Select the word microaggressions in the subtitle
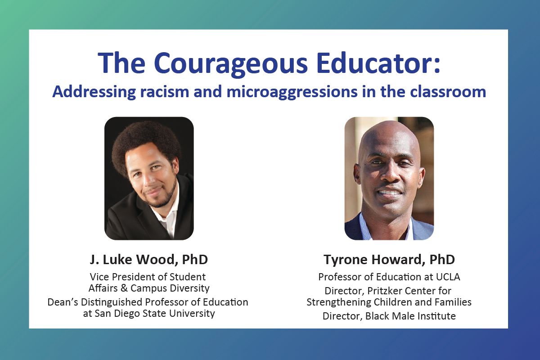coord(292,93)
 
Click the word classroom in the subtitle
coord(448,92)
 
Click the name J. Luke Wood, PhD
coord(149,260)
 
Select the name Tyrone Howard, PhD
coord(389,260)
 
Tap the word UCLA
coord(448,277)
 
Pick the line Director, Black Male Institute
coord(389,316)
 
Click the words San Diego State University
coord(154,314)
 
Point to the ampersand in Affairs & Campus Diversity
coord(124,288)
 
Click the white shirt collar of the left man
coord(169,215)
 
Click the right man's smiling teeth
coord(390,193)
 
